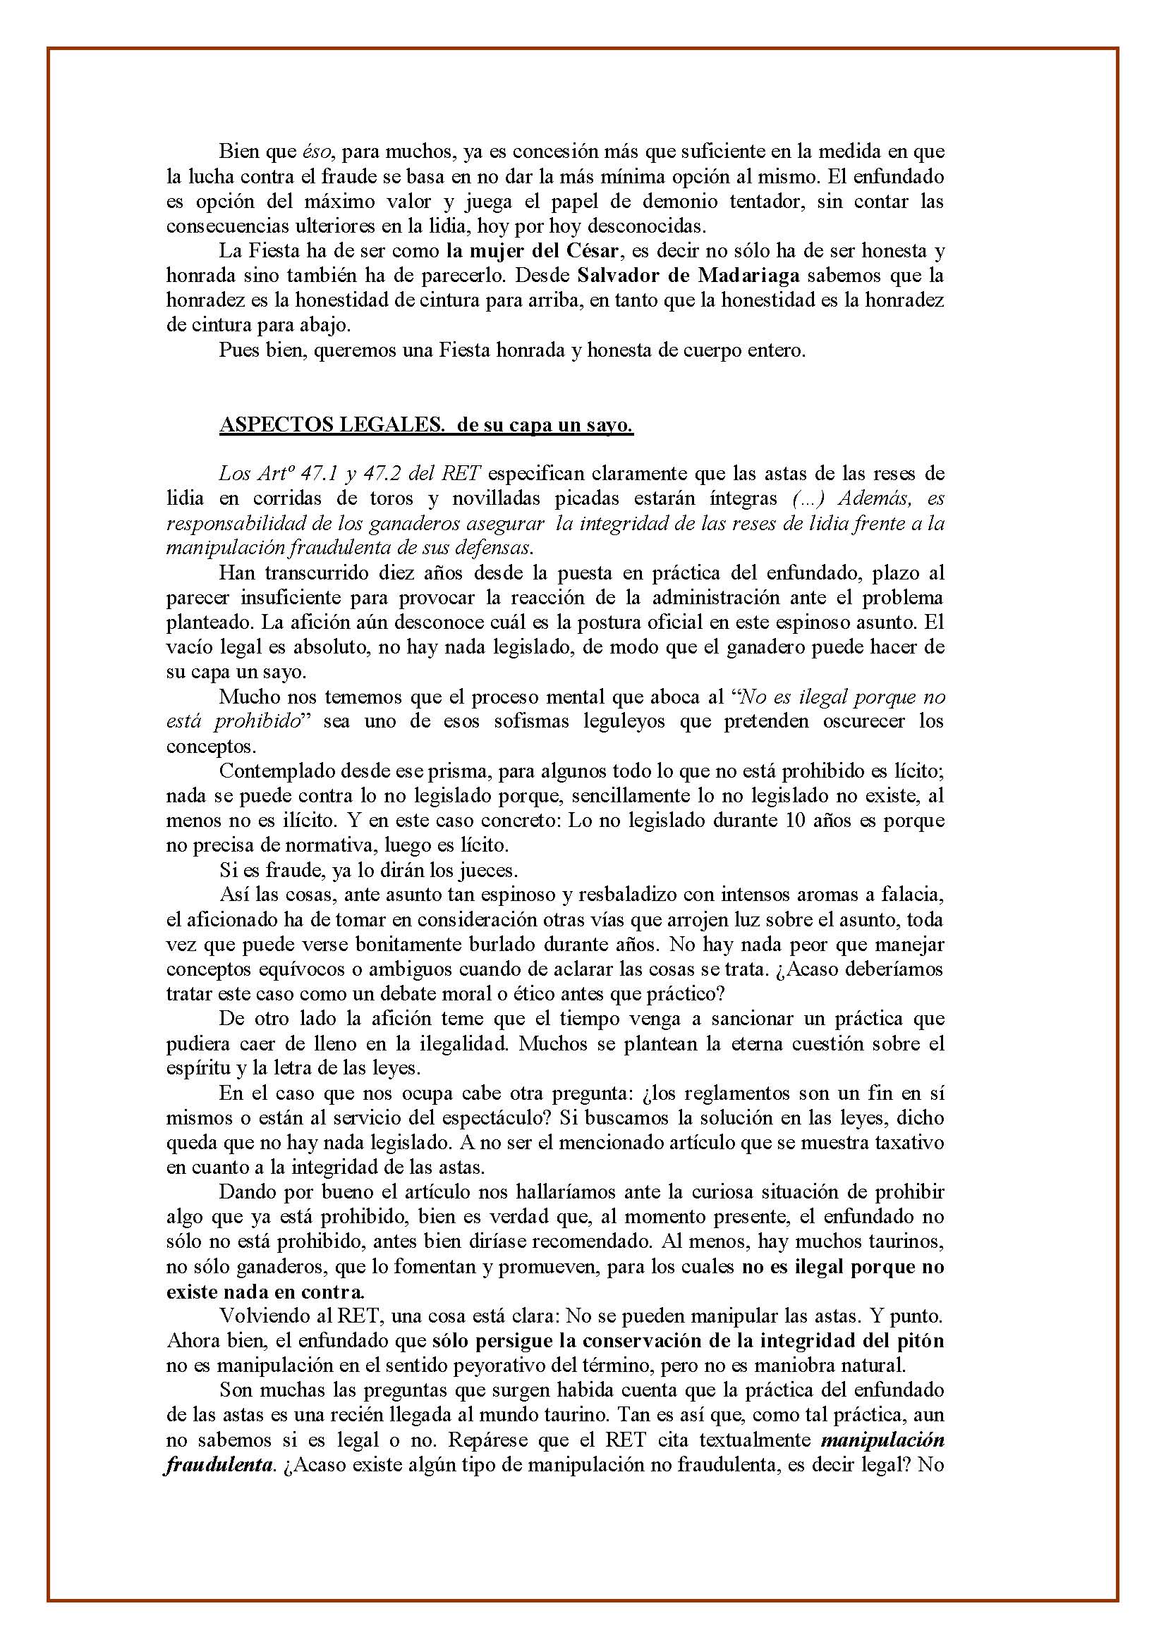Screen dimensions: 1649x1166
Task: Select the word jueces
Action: coord(488,871)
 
